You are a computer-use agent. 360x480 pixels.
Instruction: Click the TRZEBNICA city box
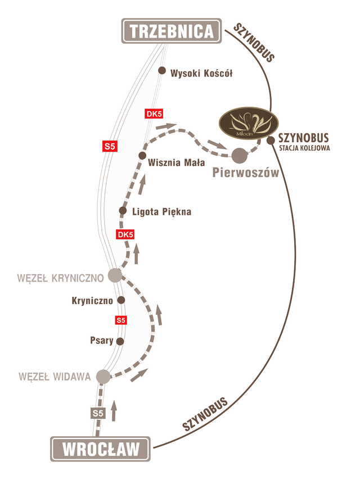170,31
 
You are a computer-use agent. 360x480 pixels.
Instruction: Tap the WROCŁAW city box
101,450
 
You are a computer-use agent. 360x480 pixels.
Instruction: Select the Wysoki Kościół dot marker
162,71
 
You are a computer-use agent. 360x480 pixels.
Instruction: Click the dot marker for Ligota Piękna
123,211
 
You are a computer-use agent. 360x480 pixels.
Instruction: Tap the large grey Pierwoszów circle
240,155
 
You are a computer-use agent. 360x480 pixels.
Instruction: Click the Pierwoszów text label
246,173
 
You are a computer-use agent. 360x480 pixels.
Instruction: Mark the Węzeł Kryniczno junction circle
115,275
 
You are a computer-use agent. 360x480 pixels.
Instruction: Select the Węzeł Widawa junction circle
103,376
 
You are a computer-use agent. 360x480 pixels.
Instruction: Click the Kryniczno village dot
120,300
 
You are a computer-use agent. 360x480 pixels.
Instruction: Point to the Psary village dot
119,341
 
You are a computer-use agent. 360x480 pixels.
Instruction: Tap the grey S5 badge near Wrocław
98,413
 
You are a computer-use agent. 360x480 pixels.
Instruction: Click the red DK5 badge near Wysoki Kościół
154,115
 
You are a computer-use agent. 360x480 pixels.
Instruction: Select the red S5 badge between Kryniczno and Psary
120,320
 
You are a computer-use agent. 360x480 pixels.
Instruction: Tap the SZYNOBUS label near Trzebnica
254,43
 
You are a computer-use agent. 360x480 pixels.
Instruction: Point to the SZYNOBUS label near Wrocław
205,415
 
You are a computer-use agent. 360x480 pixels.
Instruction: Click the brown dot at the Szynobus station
271,139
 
